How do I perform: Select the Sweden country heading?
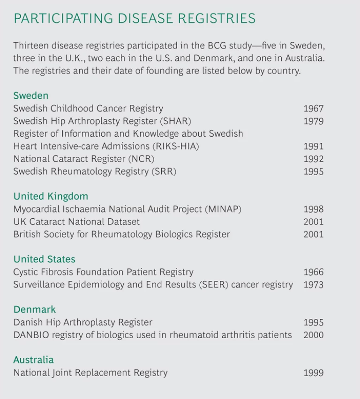click(x=31, y=96)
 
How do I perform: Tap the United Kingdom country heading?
click(x=51, y=196)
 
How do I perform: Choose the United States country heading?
click(x=44, y=259)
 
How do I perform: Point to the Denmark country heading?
click(x=34, y=310)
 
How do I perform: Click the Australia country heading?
click(x=33, y=360)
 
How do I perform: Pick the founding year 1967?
click(x=313, y=109)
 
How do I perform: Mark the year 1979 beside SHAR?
click(x=313, y=121)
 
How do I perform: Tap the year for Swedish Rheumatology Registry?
click(x=313, y=172)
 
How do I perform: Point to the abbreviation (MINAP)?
click(x=223, y=209)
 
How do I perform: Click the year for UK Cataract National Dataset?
click(x=313, y=222)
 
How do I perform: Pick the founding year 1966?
click(x=313, y=272)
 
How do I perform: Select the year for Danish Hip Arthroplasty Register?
click(x=313, y=323)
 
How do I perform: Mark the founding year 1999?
click(x=313, y=373)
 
